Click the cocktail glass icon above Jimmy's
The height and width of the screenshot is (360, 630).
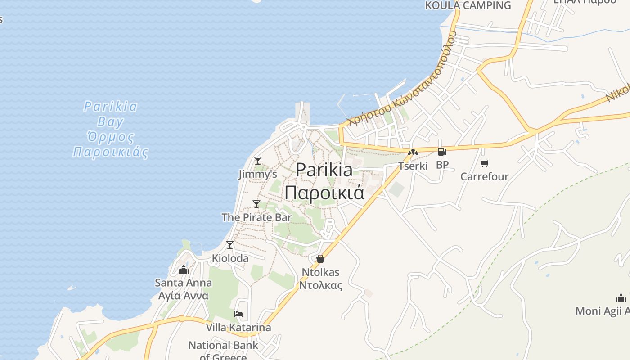point(258,160)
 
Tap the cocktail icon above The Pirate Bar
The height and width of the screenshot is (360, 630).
point(256,204)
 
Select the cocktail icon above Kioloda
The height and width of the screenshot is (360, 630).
point(230,244)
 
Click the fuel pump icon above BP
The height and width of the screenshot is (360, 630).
point(442,152)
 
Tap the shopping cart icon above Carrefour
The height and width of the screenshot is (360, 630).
point(484,163)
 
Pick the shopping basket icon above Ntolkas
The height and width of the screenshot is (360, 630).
point(320,259)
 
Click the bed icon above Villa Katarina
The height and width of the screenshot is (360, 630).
point(238,314)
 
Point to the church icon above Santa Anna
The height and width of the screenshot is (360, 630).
point(183,270)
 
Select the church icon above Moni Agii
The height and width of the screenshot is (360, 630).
point(621,298)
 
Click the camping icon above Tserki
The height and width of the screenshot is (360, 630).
point(413,153)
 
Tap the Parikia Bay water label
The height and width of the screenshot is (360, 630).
point(111,114)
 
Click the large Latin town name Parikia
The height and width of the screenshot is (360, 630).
point(324,170)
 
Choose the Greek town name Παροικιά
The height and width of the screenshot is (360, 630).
point(324,193)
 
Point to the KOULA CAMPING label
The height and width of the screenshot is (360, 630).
point(468,5)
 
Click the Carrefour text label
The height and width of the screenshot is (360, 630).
point(484,176)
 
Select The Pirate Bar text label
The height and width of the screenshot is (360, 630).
point(256,217)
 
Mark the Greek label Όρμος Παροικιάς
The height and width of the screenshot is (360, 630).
point(111,144)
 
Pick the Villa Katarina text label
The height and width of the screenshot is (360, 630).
point(238,327)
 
